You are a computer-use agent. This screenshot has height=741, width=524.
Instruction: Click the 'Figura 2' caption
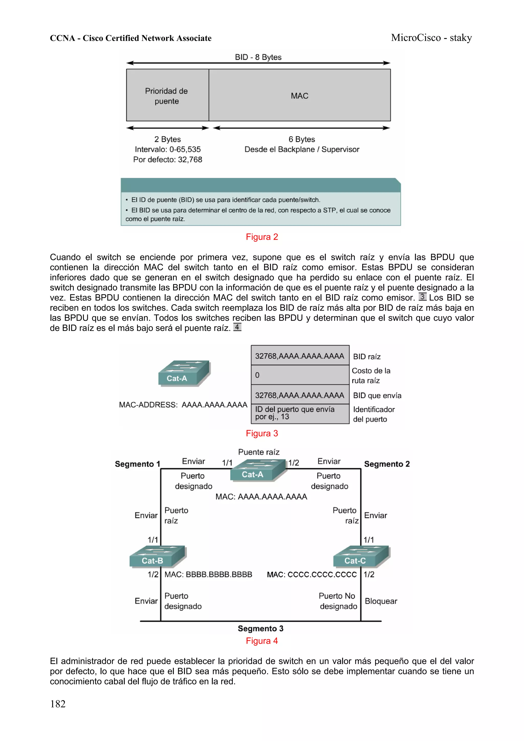coord(261,237)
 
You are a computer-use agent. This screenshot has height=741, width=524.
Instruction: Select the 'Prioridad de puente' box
coord(167,95)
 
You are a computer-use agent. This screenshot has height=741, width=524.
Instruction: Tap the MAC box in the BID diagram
coord(299,95)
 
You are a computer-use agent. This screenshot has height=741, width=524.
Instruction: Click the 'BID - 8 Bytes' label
coord(258,57)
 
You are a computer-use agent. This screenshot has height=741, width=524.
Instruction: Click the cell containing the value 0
coord(300,375)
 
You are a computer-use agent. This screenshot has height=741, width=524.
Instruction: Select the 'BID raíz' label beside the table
coord(366,357)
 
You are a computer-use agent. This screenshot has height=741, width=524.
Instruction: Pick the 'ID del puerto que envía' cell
coord(300,413)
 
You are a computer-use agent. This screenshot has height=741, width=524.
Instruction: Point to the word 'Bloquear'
coord(381,601)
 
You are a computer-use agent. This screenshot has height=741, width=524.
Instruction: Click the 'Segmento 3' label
coord(260,628)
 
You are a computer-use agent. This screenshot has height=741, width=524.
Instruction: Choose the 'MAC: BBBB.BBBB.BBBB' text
coord(208,574)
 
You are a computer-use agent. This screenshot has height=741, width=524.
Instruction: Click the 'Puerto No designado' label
coord(338,601)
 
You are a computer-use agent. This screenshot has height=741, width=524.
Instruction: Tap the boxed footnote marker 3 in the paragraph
coord(422,297)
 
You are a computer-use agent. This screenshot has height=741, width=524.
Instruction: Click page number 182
coord(58,704)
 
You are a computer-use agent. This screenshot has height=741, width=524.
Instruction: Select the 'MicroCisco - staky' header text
coord(431,38)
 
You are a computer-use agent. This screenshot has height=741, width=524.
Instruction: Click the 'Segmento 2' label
coord(386,464)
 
